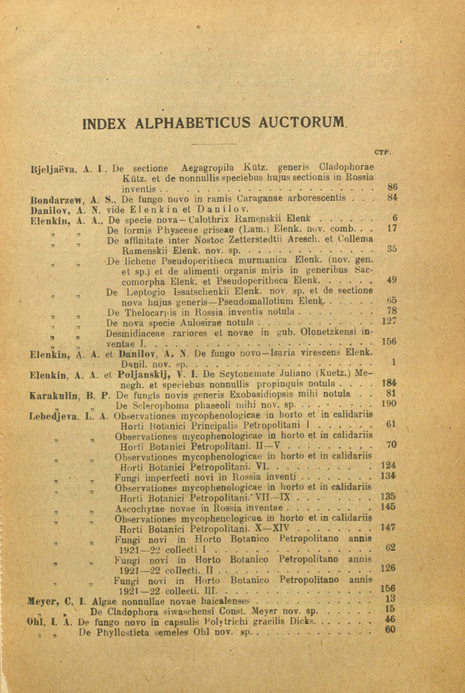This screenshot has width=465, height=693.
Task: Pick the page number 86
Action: tap(392, 187)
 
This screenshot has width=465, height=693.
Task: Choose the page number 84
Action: tap(392, 198)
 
